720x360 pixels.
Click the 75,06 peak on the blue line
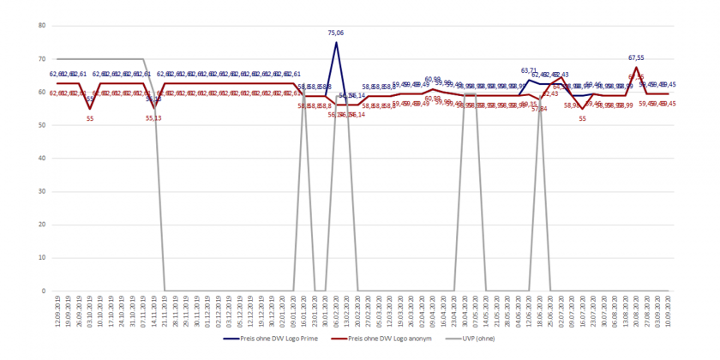(x=336, y=42)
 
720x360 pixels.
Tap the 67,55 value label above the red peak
(x=636, y=58)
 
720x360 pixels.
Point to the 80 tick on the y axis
(x=41, y=26)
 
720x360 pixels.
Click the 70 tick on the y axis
(x=41, y=59)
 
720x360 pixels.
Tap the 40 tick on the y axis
(x=41, y=159)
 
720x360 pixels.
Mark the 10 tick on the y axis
(x=41, y=258)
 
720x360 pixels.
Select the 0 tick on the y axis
(x=43, y=291)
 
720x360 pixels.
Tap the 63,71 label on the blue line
(x=530, y=70)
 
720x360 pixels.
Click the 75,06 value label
(x=336, y=33)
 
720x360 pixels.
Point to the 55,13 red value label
(x=153, y=117)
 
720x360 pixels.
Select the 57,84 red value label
(x=539, y=109)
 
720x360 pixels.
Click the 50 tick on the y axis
(x=41, y=125)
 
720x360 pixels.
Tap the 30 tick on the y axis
(x=41, y=192)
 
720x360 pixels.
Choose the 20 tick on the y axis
(x=41, y=225)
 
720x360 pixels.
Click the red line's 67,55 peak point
(x=636, y=67)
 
